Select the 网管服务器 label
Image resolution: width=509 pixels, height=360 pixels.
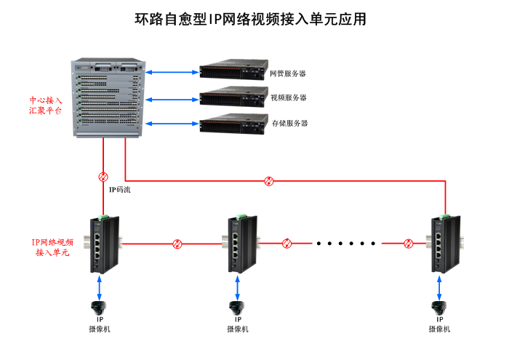288,73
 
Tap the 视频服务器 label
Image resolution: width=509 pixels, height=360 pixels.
288,97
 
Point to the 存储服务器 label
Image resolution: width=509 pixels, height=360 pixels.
289,123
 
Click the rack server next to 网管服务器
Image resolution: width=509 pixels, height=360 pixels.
232,72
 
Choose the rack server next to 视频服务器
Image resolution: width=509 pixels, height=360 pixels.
232,97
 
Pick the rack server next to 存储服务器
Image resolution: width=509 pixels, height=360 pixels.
232,123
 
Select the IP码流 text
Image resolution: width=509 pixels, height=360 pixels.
120,190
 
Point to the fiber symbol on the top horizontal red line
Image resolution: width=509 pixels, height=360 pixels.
269,180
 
